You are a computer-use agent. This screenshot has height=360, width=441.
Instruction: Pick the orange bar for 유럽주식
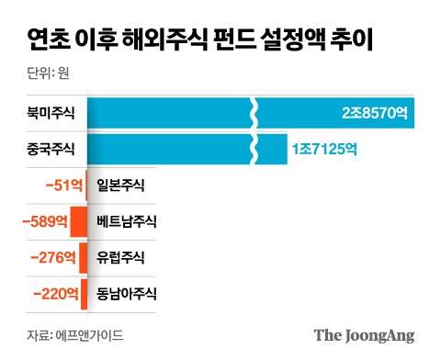pyautogui.click(x=83, y=257)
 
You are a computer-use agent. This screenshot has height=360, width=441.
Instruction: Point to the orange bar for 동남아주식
pyautogui.click(x=84, y=294)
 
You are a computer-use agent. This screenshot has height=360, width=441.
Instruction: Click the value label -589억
pyautogui.click(x=47, y=221)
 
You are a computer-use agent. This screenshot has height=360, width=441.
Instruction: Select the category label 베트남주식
pyautogui.click(x=127, y=221)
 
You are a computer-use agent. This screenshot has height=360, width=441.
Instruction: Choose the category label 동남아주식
pyautogui.click(x=127, y=294)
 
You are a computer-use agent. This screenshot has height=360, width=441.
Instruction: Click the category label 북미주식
pyautogui.click(x=51, y=114)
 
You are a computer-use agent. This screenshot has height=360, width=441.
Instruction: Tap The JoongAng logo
pyautogui.click(x=365, y=335)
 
